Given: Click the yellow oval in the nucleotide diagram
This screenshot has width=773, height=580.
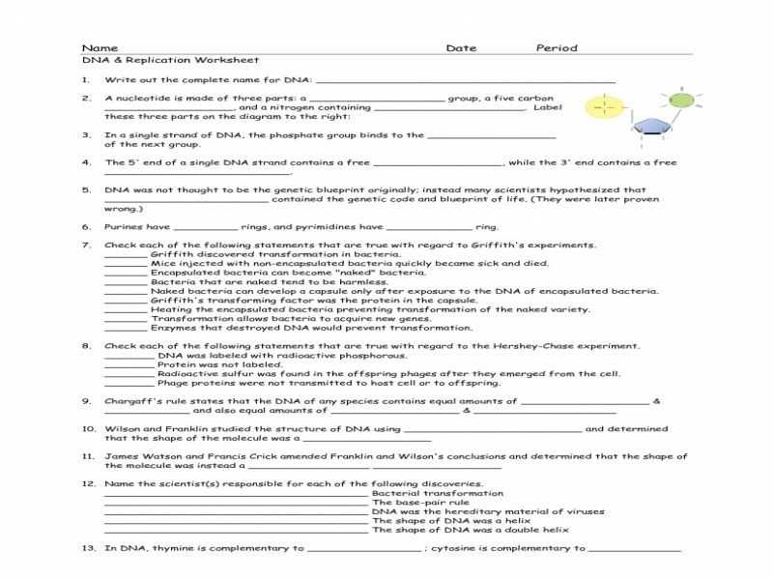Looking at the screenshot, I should [x=603, y=104].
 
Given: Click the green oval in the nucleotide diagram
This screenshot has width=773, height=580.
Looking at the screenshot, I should [x=680, y=98].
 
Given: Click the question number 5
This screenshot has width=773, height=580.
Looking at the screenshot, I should [x=86, y=190].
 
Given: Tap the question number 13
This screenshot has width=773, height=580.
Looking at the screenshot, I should [x=88, y=548].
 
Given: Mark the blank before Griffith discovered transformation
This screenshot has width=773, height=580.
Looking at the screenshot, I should [x=125, y=255].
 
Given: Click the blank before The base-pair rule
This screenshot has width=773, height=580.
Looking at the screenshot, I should [x=236, y=504].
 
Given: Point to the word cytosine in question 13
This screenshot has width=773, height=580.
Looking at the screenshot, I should [x=458, y=548].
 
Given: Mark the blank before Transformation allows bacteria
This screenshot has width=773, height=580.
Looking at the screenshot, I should [x=125, y=319].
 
